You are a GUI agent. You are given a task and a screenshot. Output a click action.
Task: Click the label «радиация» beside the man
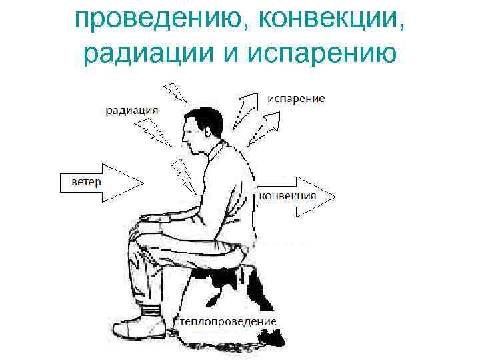tap(132, 110)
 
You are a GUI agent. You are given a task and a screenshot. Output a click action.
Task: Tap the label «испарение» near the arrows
tap(297, 98)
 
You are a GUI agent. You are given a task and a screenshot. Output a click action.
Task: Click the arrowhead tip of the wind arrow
tap(141, 181)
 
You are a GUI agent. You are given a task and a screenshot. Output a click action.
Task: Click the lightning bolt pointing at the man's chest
tap(185, 175)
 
